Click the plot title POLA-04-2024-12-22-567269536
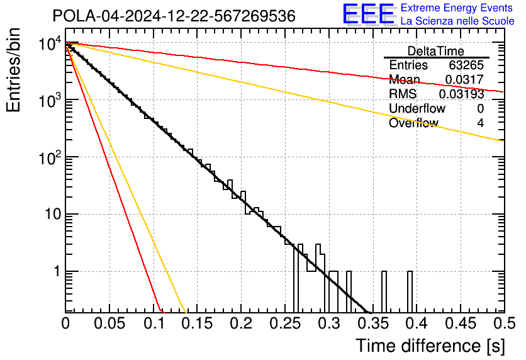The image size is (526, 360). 174,16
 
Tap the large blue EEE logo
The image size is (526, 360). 369,14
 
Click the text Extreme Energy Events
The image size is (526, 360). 457,8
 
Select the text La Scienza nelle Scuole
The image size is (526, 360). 457,21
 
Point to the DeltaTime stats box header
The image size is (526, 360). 436,51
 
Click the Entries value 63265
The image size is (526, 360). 466,65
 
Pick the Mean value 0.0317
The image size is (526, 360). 464,80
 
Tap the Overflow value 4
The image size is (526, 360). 480,123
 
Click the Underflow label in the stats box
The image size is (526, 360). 417,108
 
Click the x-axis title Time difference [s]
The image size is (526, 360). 428,346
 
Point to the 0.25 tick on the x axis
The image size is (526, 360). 284,323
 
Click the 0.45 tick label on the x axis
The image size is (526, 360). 459,323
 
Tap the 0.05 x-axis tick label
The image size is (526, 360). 109,323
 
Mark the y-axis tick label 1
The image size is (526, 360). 55,272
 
